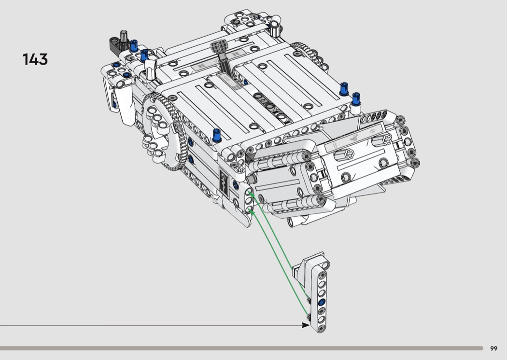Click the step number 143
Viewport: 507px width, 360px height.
[x=35, y=59]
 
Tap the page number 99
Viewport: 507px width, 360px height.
[x=494, y=348]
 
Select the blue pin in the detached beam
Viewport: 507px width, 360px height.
[x=322, y=303]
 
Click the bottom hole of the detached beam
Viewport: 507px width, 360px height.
[x=321, y=328]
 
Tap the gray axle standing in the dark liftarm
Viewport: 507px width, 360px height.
[x=123, y=38]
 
